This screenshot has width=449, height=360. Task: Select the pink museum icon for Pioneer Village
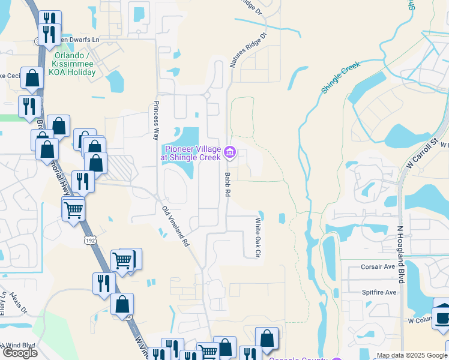pos(229,153)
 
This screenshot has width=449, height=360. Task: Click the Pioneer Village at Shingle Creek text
pos(190,153)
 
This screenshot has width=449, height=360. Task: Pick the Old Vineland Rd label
pos(176,226)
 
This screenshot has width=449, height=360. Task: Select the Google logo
pos(20,352)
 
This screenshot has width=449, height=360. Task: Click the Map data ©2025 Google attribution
pos(412,355)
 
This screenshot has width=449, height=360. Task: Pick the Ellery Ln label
pos(4,303)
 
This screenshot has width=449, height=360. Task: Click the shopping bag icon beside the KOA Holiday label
pos(32,78)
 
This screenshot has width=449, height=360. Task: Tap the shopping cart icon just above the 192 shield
pos(73,209)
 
